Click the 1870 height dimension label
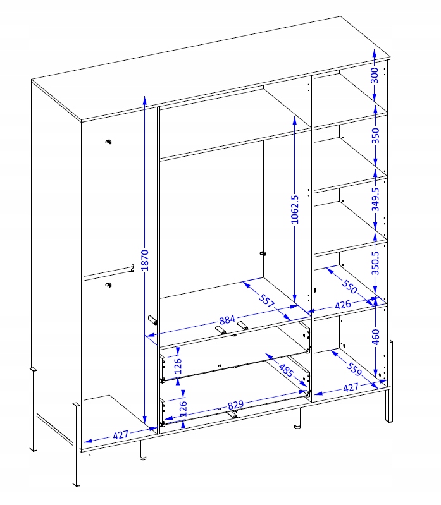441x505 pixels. (x=145, y=260)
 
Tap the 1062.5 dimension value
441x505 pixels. (x=295, y=209)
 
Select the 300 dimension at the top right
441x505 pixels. (x=375, y=75)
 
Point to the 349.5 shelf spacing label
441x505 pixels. (x=376, y=199)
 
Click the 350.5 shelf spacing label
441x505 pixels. (x=376, y=263)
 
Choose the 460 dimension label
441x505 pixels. (x=376, y=337)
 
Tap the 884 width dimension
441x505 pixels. (x=227, y=320)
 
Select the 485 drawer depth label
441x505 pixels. (x=285, y=371)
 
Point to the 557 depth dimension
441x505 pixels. (x=266, y=301)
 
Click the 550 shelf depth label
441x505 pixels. (x=349, y=287)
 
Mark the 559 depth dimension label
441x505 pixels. (x=354, y=369)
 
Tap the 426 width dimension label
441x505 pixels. (x=342, y=305)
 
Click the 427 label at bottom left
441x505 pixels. (x=121, y=435)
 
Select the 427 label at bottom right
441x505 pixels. (x=351, y=387)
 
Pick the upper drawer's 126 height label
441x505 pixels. (x=178, y=365)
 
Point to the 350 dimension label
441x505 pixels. (x=376, y=136)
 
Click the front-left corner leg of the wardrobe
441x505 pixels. (x=77, y=444)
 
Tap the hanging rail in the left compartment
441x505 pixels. (x=109, y=271)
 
